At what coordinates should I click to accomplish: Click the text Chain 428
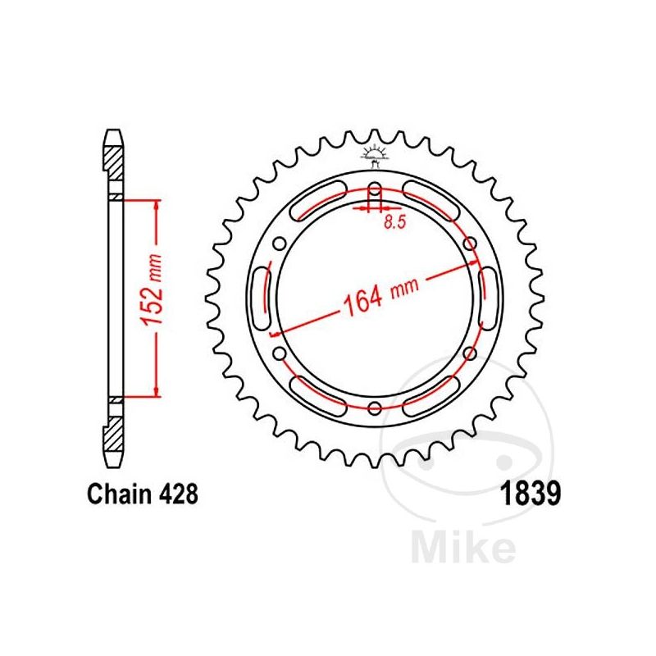(142, 495)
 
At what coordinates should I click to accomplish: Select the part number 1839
(530, 495)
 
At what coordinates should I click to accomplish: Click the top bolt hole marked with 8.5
(375, 188)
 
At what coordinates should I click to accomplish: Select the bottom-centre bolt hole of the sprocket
(375, 408)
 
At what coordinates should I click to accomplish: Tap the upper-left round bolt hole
(280, 243)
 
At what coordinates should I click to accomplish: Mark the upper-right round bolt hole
(470, 243)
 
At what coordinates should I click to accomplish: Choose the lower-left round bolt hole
(280, 353)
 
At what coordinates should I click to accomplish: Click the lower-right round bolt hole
(470, 353)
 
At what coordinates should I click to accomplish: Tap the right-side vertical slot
(489, 298)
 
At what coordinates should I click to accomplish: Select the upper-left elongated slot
(318, 201)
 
